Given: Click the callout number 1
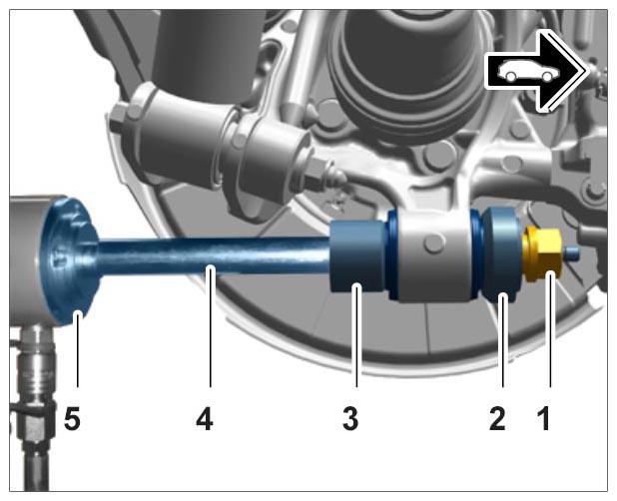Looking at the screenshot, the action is [544, 418].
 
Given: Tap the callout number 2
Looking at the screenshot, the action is [497, 418].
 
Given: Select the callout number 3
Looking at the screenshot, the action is [350, 418].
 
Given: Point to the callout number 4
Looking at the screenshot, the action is [205, 418].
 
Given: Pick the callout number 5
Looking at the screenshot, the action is [72, 418].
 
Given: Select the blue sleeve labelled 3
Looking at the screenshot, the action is [357, 256].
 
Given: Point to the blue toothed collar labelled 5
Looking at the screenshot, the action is [71, 259].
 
